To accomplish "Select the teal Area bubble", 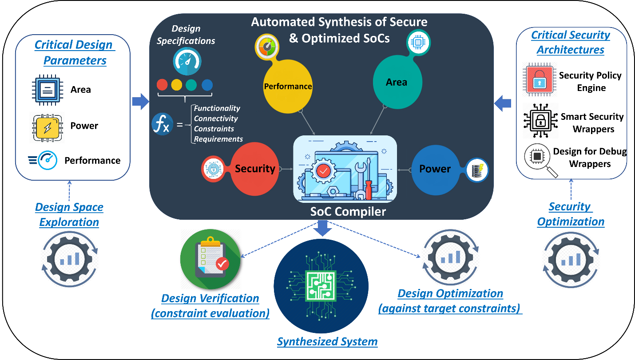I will click(x=396, y=82).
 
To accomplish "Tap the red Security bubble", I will click(x=255, y=169).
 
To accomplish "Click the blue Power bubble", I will click(x=435, y=169).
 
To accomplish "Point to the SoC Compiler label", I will click(x=348, y=211).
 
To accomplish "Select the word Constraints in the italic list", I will click(x=214, y=129).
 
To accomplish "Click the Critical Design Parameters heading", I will click(x=74, y=52).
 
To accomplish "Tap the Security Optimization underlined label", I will click(x=570, y=214).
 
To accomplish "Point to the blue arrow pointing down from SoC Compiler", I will click(x=323, y=228).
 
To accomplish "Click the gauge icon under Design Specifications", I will click(x=186, y=63).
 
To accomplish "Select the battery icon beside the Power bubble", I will click(x=478, y=170).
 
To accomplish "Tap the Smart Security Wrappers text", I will click(x=592, y=123).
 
